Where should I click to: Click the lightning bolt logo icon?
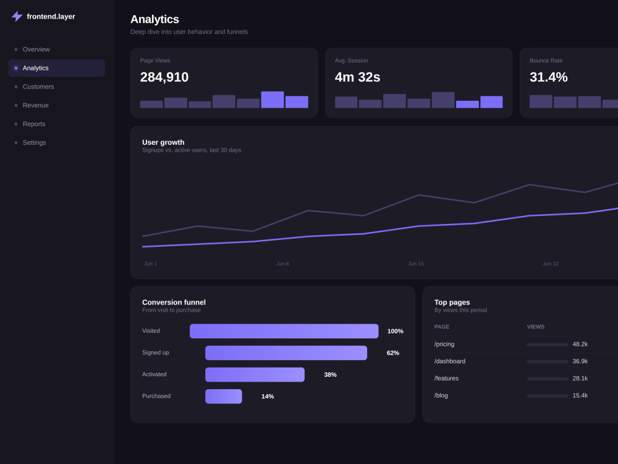point(17,16)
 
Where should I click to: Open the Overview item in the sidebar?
point(36,49)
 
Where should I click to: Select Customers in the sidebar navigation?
point(38,87)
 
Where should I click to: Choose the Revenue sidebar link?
point(35,105)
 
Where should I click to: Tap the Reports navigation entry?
point(34,124)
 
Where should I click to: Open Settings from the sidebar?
point(34,142)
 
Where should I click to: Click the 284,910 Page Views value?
point(164,77)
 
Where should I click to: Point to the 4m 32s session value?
point(357,77)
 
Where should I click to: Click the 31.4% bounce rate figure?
point(549,77)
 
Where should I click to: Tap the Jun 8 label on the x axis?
point(282,264)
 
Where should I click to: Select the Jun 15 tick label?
point(416,264)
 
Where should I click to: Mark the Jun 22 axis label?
point(551,264)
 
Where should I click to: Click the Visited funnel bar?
point(284,331)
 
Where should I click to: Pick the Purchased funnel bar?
point(224,396)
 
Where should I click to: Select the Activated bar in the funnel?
point(255,374)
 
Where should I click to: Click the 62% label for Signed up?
point(393,353)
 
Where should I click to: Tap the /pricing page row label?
point(444,344)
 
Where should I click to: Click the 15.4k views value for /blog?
point(580,395)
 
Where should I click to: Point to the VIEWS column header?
point(536,327)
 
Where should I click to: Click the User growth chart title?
point(163,142)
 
